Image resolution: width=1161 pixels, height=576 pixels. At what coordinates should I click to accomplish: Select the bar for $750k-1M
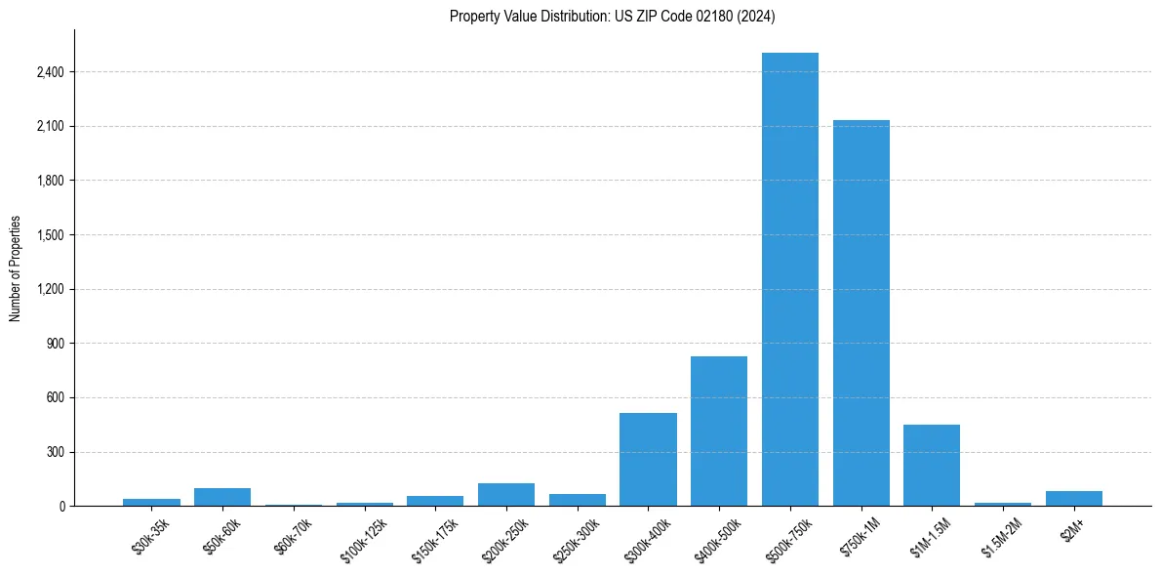click(x=861, y=312)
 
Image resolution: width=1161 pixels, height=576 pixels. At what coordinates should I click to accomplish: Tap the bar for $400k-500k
click(x=719, y=431)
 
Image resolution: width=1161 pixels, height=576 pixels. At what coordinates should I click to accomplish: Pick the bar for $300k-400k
click(x=648, y=459)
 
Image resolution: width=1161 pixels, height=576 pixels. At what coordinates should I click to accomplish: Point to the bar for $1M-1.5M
click(x=932, y=465)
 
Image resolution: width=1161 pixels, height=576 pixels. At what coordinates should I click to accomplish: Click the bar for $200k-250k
click(x=505, y=494)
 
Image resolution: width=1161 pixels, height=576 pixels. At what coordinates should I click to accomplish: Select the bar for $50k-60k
click(x=222, y=497)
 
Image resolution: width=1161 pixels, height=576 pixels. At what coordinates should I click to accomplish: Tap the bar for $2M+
click(x=1073, y=498)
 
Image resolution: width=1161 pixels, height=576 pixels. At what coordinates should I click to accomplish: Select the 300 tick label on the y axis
click(x=56, y=452)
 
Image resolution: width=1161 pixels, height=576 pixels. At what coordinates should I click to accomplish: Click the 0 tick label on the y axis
click(x=61, y=507)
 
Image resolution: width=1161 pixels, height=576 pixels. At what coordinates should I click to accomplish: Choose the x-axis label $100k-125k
click(x=365, y=540)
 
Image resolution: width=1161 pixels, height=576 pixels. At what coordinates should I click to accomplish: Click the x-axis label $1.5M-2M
click(x=1004, y=538)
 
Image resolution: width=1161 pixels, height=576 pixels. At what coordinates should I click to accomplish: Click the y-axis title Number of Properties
click(x=15, y=267)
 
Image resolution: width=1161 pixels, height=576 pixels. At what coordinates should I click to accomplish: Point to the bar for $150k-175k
click(x=435, y=501)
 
